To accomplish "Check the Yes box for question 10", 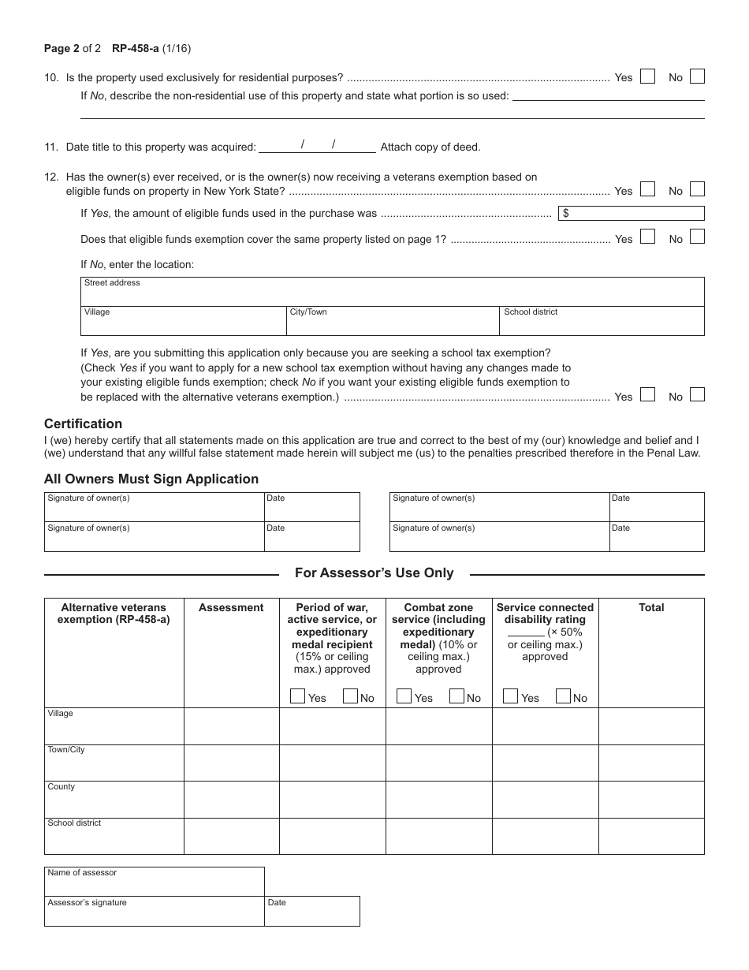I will [x=647, y=76].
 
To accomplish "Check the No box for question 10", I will [x=697, y=76].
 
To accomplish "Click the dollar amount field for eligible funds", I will [x=631, y=213].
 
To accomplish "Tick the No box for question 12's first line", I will [x=697, y=189].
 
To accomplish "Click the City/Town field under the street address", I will [x=392, y=322].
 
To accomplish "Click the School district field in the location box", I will [x=602, y=322].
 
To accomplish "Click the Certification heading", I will [x=83, y=423].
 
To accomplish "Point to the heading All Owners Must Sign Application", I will [x=151, y=479].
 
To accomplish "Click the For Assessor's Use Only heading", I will [x=374, y=573].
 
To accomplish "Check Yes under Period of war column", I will [x=298, y=696].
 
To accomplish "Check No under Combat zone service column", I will [x=457, y=696].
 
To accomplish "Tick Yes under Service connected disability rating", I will [x=511, y=696].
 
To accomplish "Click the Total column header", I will [x=651, y=607].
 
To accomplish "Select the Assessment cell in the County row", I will [x=231, y=799].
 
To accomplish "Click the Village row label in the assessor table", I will [x=61, y=713].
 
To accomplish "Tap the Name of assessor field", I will [x=154, y=882].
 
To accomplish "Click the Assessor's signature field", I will [x=154, y=912].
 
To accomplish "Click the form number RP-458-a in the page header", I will [x=135, y=48].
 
